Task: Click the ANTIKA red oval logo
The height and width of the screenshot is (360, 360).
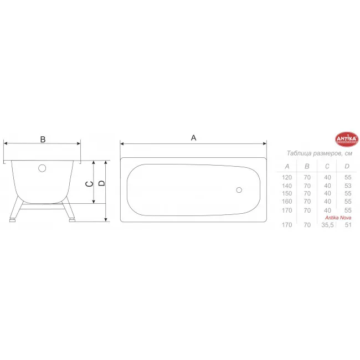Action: coord(347,139)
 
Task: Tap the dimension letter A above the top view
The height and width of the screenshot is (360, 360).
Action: coord(193,138)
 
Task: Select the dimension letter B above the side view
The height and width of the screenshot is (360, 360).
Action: coord(43,140)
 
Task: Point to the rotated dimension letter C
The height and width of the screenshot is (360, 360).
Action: coord(89,184)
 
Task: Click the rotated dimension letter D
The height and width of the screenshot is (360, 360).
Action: coord(101,183)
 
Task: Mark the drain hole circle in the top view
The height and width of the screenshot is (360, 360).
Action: coord(239,190)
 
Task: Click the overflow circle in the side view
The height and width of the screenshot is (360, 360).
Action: coord(42,168)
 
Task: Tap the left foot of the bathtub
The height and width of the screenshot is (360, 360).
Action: coord(12,220)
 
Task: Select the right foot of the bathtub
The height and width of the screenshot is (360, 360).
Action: coord(72,220)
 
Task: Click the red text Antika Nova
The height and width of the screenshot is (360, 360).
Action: coord(338,218)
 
